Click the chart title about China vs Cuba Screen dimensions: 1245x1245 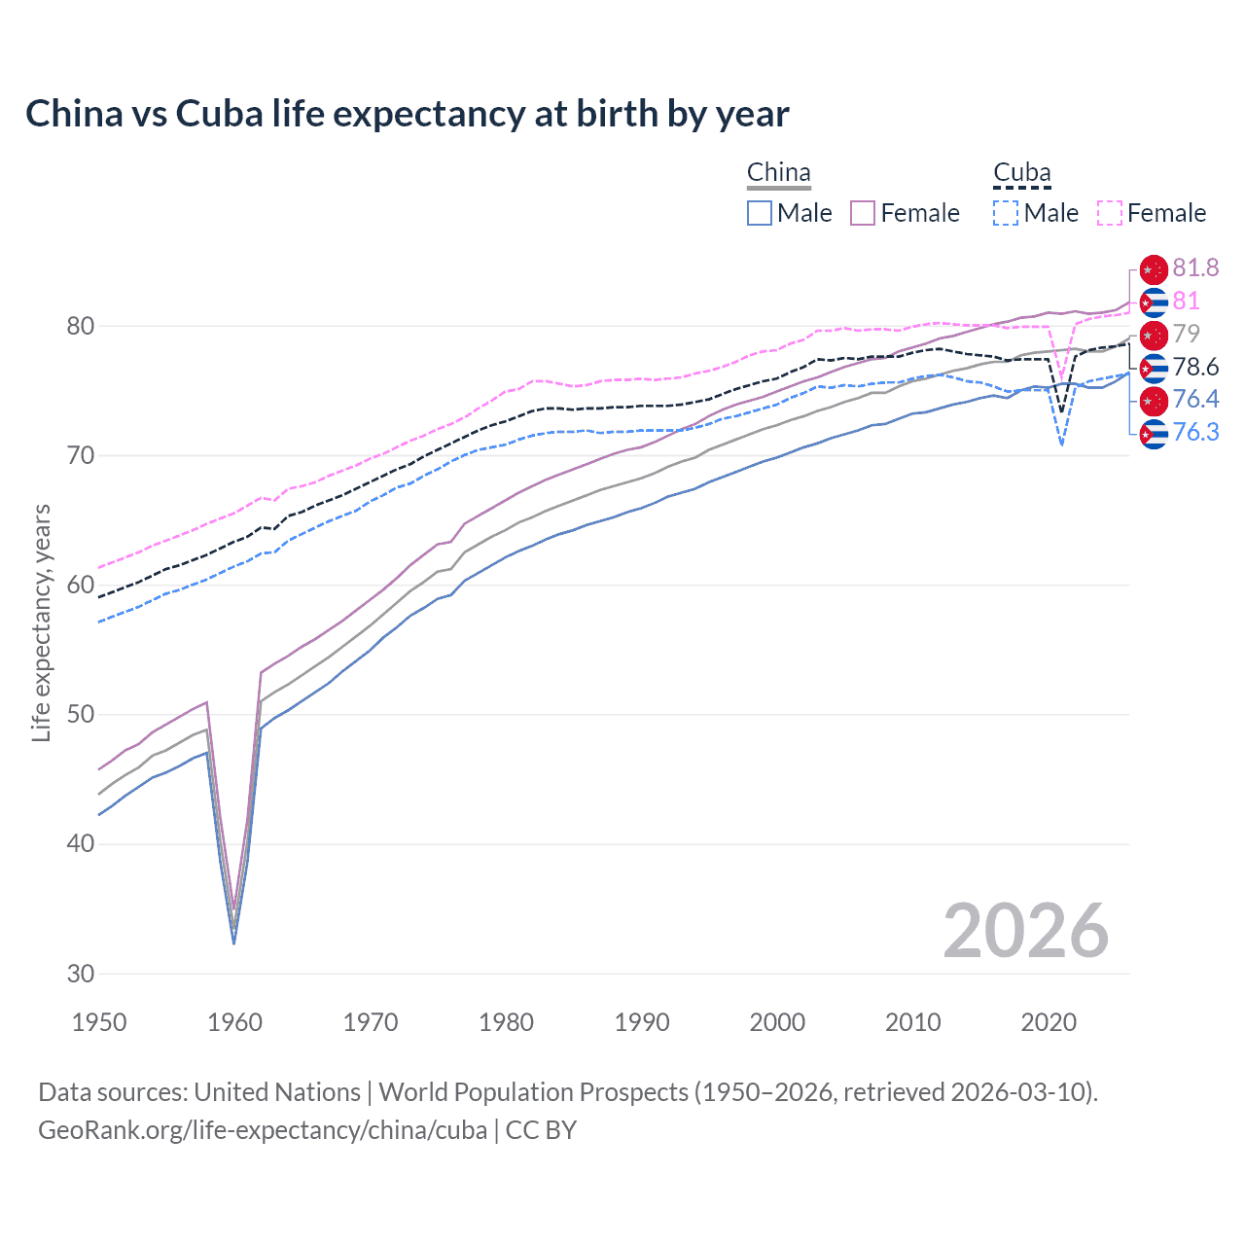tap(407, 114)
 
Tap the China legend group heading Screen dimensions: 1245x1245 tap(778, 173)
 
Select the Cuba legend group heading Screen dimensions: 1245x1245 tap(1021, 173)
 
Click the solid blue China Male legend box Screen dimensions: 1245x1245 tap(760, 213)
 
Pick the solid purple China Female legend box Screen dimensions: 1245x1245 tap(863, 213)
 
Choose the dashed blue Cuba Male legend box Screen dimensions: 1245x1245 tap(1006, 213)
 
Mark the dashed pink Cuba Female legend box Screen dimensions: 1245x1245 tap(1110, 213)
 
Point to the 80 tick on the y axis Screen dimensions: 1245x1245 tap(81, 326)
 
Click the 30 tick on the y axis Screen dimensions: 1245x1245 tap(81, 974)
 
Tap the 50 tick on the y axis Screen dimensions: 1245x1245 tap(81, 715)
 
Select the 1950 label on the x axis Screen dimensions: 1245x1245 tap(99, 1022)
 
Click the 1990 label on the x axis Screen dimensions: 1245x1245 tap(642, 1022)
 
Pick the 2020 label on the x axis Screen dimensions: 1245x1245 tap(1049, 1022)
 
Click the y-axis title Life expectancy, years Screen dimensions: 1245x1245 tap(41, 622)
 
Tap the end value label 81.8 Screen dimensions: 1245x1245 tap(1195, 267)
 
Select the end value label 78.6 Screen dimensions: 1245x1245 tap(1195, 367)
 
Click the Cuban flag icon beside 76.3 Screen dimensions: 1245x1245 tap(1153, 433)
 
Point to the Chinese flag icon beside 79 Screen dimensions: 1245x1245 tap(1153, 335)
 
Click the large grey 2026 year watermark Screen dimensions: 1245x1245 tap(1025, 931)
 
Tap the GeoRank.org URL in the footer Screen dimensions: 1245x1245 tap(263, 1130)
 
